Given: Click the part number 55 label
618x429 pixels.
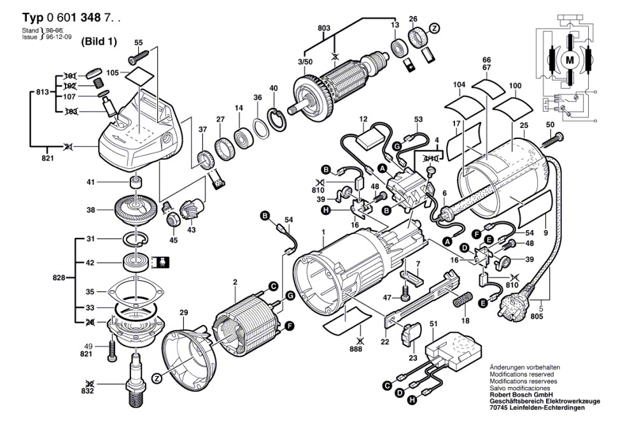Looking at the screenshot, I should pyautogui.click(x=139, y=43).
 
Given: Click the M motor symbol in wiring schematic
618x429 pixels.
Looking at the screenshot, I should pyautogui.click(x=568, y=61).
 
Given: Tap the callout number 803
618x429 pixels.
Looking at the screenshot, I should pyautogui.click(x=324, y=28).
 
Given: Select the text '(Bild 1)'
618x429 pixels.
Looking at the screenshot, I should pyautogui.click(x=99, y=41).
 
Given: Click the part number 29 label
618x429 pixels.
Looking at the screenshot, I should pyautogui.click(x=184, y=312).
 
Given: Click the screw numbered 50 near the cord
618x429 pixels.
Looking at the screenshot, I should pyautogui.click(x=554, y=137).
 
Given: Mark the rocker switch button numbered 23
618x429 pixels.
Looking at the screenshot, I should pyautogui.click(x=412, y=333).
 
